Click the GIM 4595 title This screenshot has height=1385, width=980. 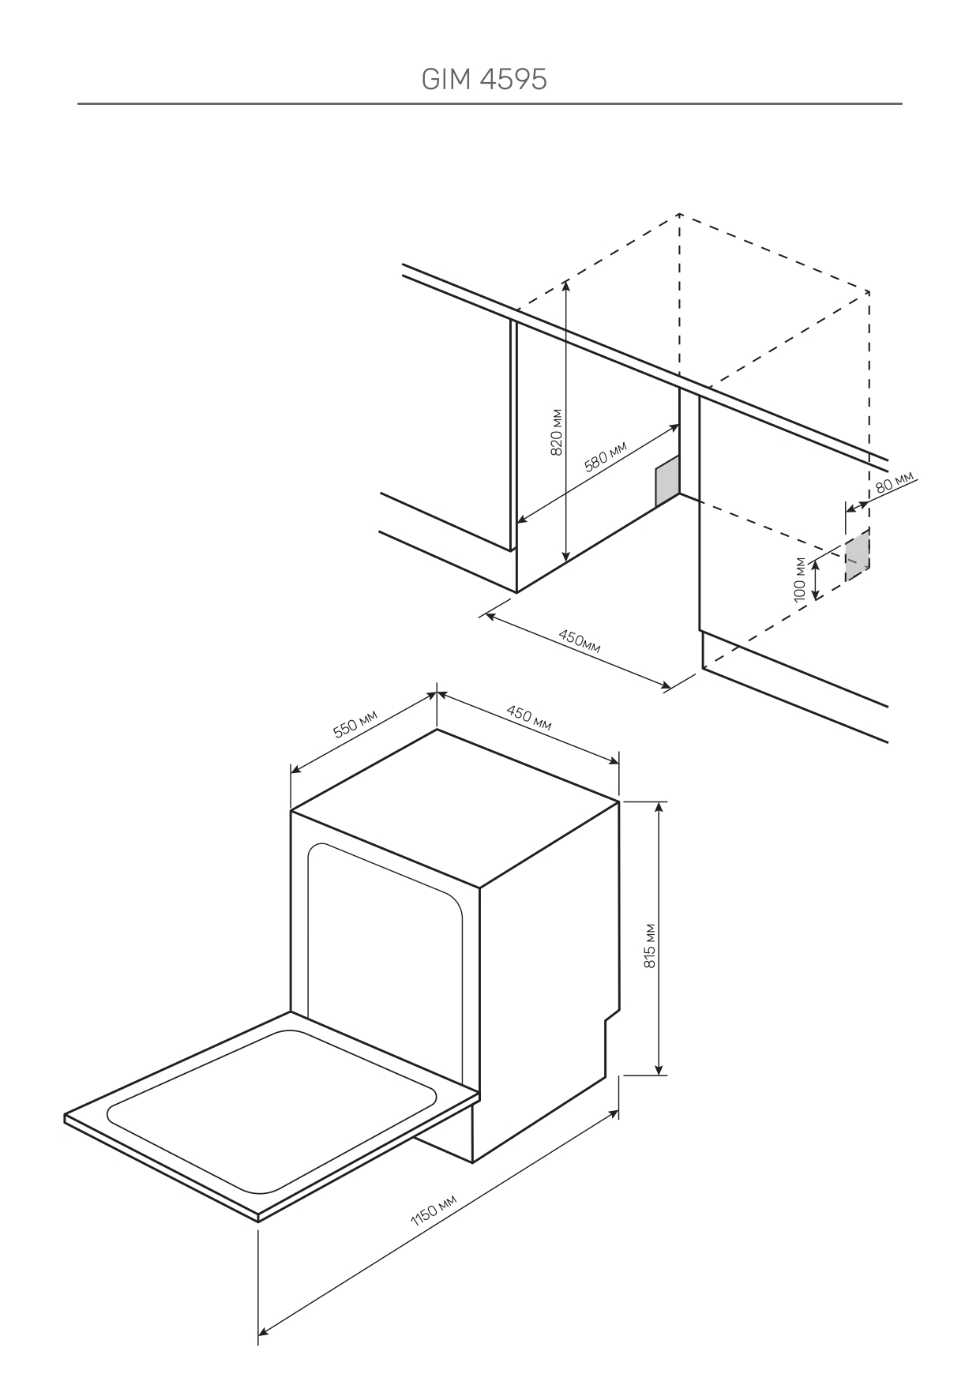[x=484, y=80]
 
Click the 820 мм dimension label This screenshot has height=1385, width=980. [x=556, y=432]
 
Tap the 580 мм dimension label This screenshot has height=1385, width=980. [x=605, y=456]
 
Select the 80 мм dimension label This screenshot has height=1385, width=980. [x=894, y=482]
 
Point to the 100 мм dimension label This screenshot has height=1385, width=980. [x=801, y=579]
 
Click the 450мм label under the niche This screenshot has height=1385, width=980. [x=579, y=640]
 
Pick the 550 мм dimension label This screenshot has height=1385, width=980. [x=355, y=723]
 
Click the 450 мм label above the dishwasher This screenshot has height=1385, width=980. [x=528, y=718]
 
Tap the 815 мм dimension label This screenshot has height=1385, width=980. [x=650, y=945]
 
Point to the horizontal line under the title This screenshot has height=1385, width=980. [x=490, y=103]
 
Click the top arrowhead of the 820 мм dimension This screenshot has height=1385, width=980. [x=566, y=286]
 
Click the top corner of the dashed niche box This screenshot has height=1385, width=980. [x=679, y=214]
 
